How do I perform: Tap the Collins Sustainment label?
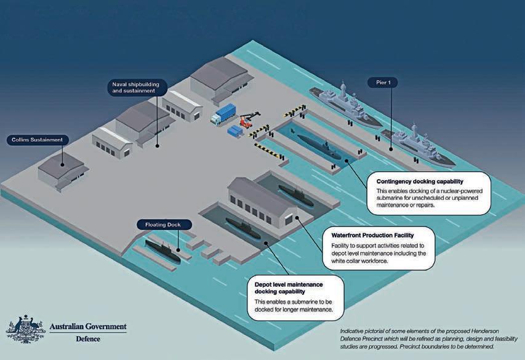click(x=37, y=140)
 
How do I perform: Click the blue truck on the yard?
click(x=223, y=114)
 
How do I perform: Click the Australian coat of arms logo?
click(x=25, y=330)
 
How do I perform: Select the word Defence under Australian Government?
click(x=88, y=338)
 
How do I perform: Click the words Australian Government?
click(x=88, y=326)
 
